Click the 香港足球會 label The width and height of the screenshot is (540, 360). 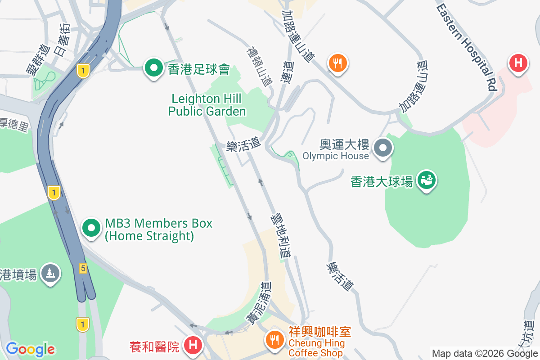click(x=199, y=69)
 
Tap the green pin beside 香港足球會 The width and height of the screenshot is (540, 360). click(x=154, y=68)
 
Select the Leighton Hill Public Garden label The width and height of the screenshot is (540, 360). click(x=207, y=105)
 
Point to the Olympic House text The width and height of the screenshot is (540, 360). click(x=335, y=156)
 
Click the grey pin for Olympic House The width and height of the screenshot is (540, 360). click(x=383, y=148)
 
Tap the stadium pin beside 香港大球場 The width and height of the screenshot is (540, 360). click(x=425, y=180)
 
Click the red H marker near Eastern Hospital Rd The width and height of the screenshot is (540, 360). click(x=518, y=63)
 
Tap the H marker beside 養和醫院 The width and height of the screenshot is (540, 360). click(x=193, y=346)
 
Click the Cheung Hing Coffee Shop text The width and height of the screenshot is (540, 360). click(x=317, y=348)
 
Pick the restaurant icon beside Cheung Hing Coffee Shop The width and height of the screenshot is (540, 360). click(x=274, y=339)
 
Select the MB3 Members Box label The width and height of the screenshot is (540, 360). click(x=158, y=229)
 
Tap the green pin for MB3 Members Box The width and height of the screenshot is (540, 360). click(x=92, y=228)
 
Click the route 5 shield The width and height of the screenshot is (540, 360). click(x=83, y=269)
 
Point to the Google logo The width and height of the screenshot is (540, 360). click(x=30, y=349)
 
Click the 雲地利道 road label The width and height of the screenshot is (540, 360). click(x=280, y=236)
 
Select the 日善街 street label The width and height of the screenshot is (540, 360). click(x=62, y=40)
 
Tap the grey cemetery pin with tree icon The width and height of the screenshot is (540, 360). click(x=50, y=273)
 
